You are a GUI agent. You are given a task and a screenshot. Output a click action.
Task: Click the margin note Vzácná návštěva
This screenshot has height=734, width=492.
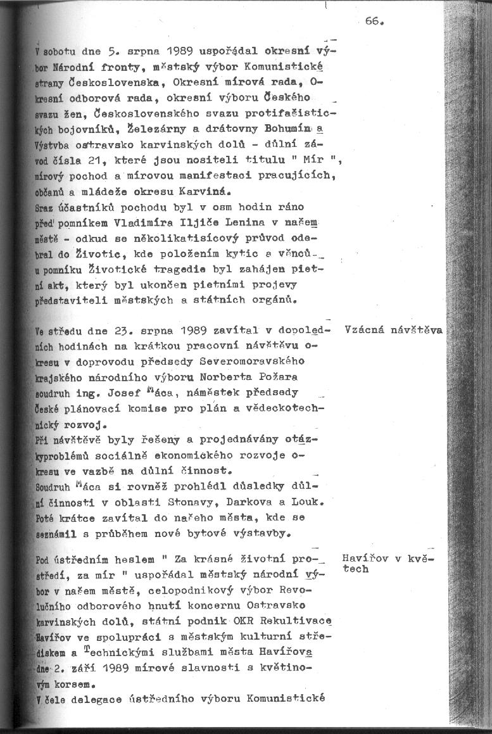click(393, 330)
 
